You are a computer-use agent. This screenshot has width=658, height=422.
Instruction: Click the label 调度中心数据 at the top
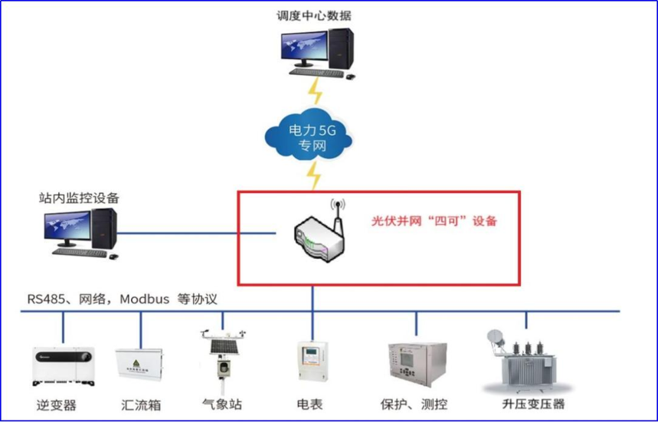(x=315, y=15)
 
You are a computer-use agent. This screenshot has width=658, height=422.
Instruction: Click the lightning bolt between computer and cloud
(x=315, y=93)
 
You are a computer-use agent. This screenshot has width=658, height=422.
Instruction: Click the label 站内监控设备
(x=80, y=198)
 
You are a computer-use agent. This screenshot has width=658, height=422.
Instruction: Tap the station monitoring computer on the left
(x=80, y=233)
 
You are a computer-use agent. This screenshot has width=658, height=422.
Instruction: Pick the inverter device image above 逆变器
(x=63, y=367)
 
